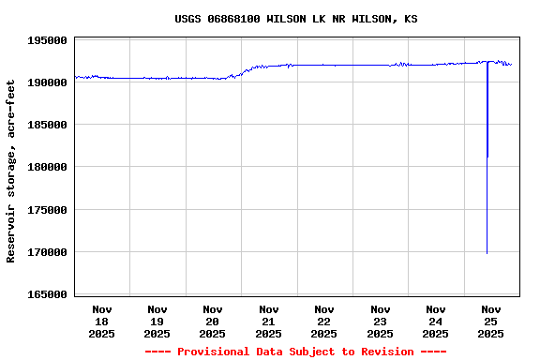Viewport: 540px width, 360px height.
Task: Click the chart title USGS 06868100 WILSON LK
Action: tap(296, 19)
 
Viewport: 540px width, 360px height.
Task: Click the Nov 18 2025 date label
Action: tap(102, 321)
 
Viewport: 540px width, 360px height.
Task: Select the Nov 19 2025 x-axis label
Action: tap(157, 321)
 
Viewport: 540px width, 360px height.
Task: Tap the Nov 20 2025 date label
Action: tap(213, 321)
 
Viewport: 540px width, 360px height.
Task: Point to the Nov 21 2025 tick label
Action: tap(269, 321)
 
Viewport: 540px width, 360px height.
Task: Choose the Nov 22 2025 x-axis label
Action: tap(324, 321)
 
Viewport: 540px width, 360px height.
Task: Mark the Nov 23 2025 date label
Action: tap(380, 321)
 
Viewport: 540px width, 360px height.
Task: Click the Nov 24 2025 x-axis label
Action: tap(435, 321)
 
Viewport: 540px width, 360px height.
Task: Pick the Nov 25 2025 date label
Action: tap(491, 321)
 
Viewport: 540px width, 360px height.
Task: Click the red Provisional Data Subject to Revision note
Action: tap(296, 352)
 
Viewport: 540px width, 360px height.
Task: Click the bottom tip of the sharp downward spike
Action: tap(487, 253)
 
